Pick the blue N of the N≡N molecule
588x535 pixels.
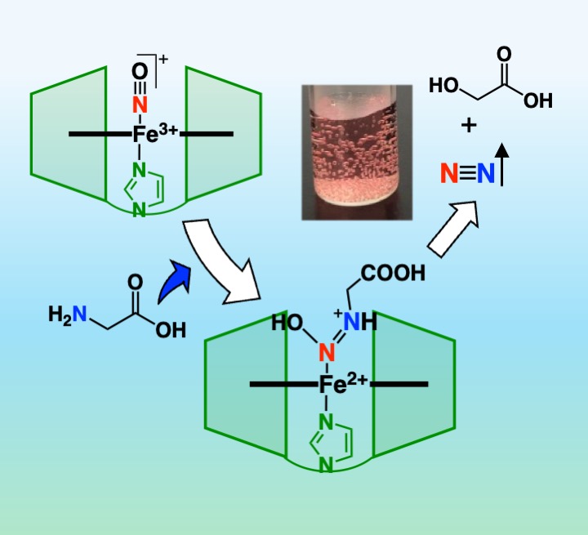pos(486,173)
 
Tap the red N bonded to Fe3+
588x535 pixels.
pos(140,104)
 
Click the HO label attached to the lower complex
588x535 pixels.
pos(288,323)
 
